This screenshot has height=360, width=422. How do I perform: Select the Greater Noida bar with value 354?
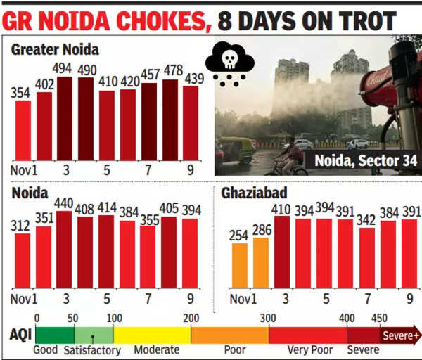pos(23,130)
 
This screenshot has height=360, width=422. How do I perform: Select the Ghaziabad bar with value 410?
pos(282,252)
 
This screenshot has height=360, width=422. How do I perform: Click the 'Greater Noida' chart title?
pos(55,50)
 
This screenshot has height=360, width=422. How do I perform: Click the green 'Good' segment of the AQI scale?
pos(54,335)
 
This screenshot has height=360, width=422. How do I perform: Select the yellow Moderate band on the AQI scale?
pos(152,335)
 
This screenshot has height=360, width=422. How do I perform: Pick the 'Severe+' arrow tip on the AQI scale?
pos(416,335)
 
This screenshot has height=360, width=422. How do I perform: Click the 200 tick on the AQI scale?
pos(191,318)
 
